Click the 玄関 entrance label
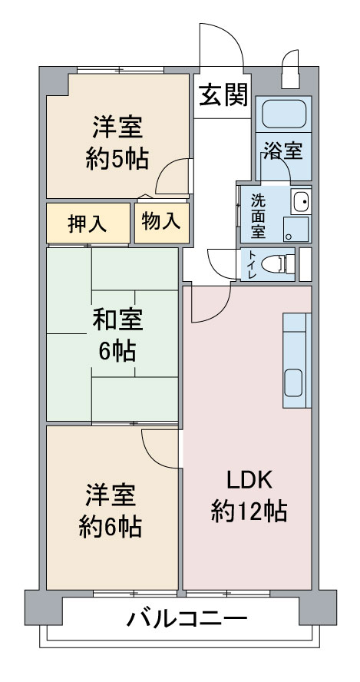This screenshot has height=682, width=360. (x=223, y=94)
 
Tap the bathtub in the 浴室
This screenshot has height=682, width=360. (x=284, y=114)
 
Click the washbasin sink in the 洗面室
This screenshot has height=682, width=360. (x=301, y=202)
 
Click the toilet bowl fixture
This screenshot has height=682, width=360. (x=280, y=263)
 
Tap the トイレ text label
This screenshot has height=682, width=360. (x=252, y=264)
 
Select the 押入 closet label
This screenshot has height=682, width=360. (x=88, y=223)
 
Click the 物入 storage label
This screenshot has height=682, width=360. (x=161, y=222)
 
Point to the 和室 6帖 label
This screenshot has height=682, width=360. (x=117, y=335)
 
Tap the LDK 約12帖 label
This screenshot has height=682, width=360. (x=249, y=495)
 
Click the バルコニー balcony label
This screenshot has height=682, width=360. (x=187, y=618)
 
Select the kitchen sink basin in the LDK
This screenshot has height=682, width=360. (x=293, y=382)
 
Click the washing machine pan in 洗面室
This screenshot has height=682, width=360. (x=296, y=229)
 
